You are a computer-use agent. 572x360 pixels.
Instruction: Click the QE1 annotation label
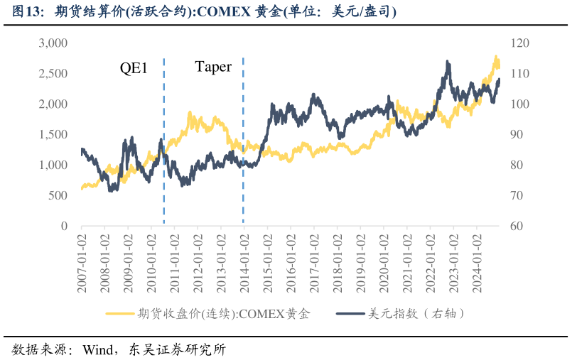coord(133,68)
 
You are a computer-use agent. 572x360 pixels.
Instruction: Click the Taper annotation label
coord(213,67)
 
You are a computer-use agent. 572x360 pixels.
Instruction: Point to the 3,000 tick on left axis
coord(53,43)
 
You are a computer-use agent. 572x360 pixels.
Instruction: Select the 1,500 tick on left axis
coord(53,135)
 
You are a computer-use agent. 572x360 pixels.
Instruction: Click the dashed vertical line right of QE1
coord(164,142)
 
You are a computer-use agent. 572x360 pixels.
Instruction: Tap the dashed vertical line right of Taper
coord(244,142)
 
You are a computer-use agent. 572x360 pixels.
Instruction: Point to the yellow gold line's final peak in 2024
coord(496,57)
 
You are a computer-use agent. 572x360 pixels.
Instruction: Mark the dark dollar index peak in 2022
coord(448,62)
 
